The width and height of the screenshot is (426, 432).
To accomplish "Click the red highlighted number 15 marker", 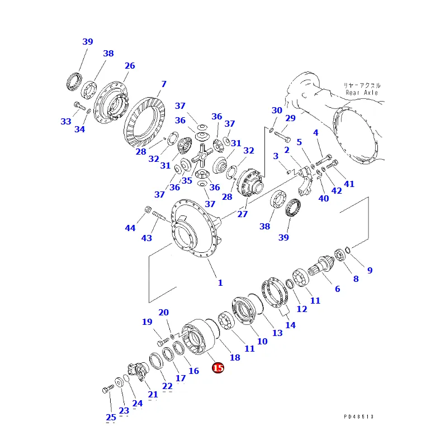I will click(217, 368).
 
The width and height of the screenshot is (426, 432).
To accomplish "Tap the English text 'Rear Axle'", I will click(362, 93).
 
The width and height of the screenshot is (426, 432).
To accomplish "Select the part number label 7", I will click(163, 84).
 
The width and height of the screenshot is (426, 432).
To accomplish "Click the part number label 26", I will click(130, 66).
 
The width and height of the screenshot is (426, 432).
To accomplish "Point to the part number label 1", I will click(220, 283).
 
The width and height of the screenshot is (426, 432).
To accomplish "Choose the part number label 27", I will click(243, 214).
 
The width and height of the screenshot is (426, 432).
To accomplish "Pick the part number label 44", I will click(130, 228).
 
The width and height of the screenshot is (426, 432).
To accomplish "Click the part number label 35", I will click(187, 181).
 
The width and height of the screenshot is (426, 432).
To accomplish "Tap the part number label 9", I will click(370, 271).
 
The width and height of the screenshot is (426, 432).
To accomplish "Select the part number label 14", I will click(290, 325).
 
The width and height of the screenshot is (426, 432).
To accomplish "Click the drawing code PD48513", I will click(358, 416).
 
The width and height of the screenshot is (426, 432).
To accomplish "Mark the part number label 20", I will click(163, 313).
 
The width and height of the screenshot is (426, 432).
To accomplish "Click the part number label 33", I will click(66, 122).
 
